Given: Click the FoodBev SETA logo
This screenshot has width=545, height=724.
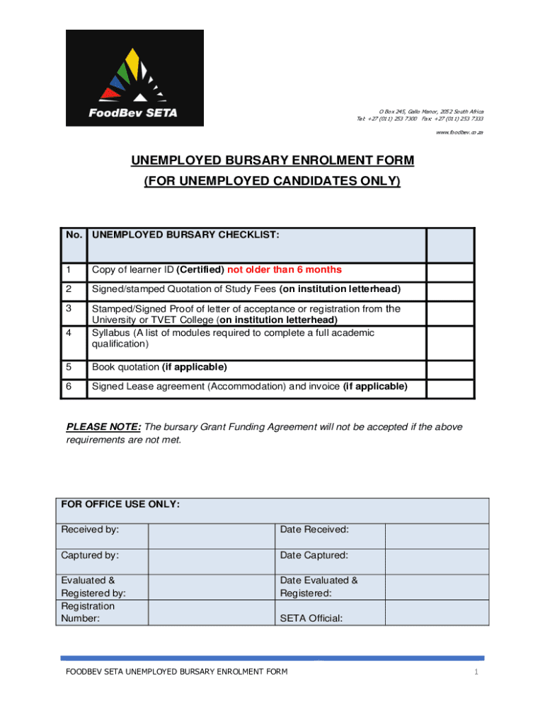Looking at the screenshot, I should click(x=134, y=78).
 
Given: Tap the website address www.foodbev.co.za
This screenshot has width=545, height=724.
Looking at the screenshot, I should click(x=460, y=132).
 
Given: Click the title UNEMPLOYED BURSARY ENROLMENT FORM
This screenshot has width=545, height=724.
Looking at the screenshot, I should click(x=272, y=161).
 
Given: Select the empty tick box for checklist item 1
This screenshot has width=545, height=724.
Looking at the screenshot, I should click(x=450, y=269).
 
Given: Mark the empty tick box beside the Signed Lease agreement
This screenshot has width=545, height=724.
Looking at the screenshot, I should click(x=450, y=387).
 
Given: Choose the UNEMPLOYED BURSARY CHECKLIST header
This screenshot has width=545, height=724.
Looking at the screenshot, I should click(x=185, y=234).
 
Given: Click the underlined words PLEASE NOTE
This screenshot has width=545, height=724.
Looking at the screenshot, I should click(x=103, y=427).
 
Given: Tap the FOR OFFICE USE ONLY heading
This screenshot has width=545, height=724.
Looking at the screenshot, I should click(x=120, y=505).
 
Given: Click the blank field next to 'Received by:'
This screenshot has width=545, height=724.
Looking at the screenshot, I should click(x=210, y=536).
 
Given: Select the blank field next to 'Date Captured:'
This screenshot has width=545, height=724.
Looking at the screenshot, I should click(x=436, y=561).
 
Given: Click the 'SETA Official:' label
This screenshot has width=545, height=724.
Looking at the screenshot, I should click(x=311, y=619).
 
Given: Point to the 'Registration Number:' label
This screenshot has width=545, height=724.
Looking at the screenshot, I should click(x=88, y=612).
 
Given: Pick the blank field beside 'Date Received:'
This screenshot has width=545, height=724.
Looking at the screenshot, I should click(x=436, y=536).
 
